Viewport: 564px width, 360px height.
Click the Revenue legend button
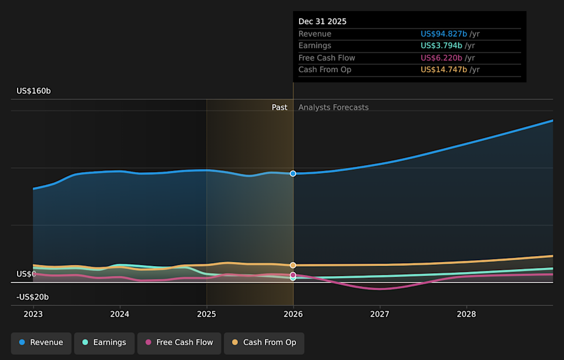click(x=41, y=342)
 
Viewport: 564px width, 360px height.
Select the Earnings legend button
click(x=104, y=342)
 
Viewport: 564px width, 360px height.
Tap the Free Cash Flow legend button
click(x=179, y=342)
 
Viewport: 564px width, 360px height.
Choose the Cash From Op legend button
click(x=264, y=342)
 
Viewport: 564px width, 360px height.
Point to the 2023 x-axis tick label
click(x=33, y=314)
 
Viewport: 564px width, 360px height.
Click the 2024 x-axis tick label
click(x=120, y=314)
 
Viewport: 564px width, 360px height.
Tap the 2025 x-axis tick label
click(x=207, y=314)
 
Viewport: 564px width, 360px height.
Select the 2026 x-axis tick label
click(x=293, y=314)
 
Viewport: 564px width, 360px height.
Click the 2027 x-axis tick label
click(x=380, y=314)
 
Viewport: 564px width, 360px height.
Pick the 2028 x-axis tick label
click(x=466, y=314)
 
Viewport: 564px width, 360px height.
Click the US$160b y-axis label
click(x=33, y=91)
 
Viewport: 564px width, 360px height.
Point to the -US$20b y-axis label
click(x=32, y=297)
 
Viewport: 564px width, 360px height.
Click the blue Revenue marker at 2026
click(x=293, y=173)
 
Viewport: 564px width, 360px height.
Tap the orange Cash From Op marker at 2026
click(x=293, y=265)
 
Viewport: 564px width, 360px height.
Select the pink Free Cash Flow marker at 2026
click(x=293, y=275)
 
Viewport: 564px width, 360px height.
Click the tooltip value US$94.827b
click(x=444, y=34)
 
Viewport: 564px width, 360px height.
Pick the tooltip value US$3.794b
click(x=441, y=46)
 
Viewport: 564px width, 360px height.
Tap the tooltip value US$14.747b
click(x=444, y=70)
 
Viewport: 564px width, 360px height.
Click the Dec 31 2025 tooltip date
click(x=323, y=22)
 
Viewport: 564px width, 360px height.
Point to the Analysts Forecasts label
click(x=333, y=107)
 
